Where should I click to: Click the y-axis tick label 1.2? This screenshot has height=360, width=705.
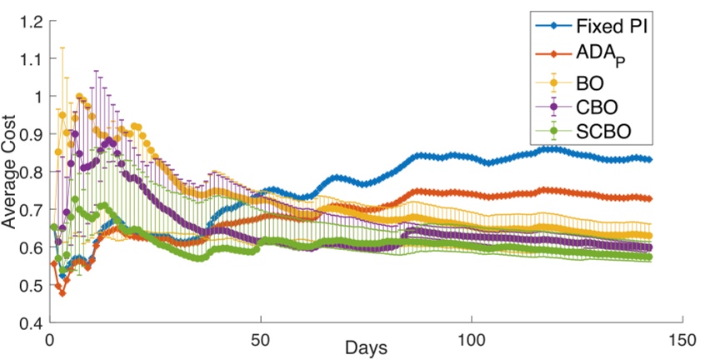[27, 21]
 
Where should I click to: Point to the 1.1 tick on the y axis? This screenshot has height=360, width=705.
[27, 58]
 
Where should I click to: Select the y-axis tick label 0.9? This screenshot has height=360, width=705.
[27, 134]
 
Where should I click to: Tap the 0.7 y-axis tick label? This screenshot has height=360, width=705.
[27, 209]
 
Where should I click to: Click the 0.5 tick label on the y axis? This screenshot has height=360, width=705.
[27, 285]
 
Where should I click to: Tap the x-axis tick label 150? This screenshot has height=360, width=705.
[682, 340]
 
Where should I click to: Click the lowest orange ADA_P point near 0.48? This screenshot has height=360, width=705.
[62, 292]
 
